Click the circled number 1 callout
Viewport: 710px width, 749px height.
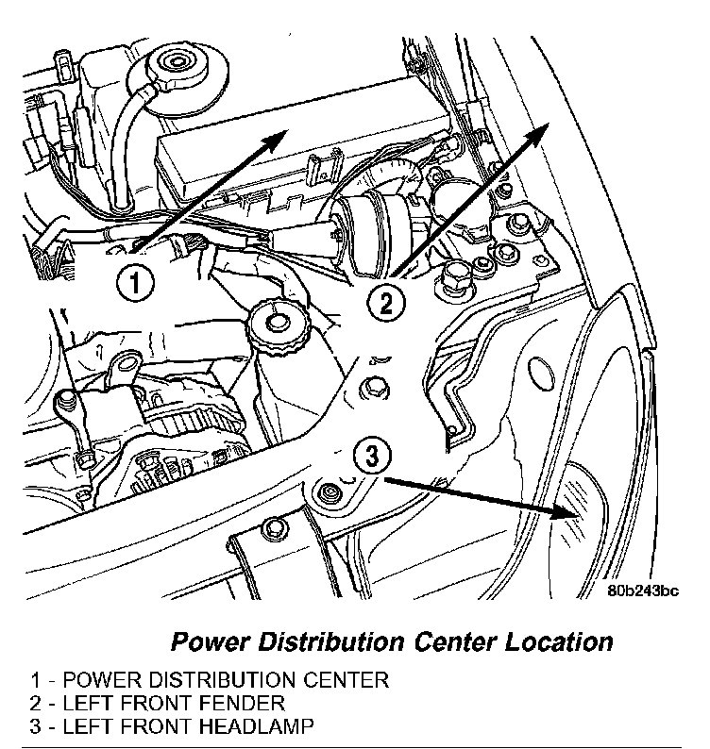[x=135, y=282]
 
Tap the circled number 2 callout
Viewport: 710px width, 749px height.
[x=386, y=304]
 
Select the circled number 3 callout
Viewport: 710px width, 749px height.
[x=372, y=456]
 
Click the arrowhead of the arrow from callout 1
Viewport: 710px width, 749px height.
[x=275, y=141]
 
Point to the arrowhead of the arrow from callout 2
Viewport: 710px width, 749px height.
[x=535, y=135]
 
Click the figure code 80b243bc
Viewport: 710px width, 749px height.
[x=643, y=591]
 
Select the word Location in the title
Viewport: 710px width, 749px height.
[x=559, y=641]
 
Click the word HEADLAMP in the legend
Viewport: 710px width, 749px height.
[x=256, y=726]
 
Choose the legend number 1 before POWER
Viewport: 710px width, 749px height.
[x=36, y=680]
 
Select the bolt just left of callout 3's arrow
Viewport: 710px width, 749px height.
[x=328, y=493]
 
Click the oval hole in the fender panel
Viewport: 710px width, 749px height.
[x=539, y=373]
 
